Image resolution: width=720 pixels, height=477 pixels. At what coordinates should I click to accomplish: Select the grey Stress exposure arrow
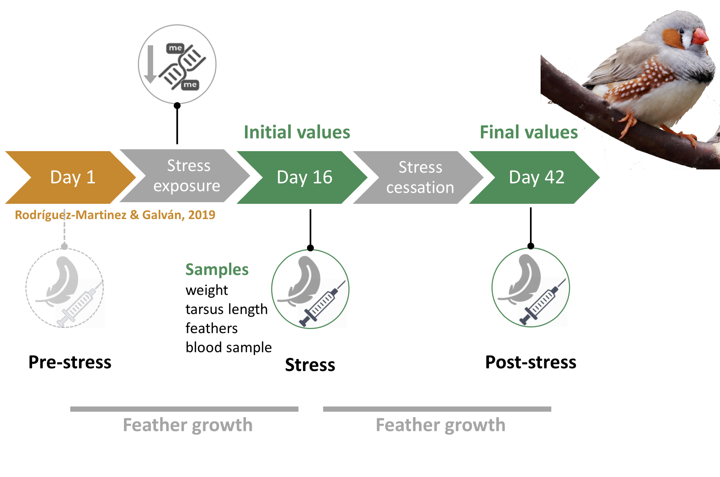(x=185, y=176)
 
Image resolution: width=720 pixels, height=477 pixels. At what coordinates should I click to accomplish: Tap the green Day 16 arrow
(x=302, y=177)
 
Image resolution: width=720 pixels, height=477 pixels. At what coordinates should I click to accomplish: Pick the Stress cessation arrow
(x=418, y=177)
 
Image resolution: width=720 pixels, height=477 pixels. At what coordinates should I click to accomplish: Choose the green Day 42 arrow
(x=534, y=177)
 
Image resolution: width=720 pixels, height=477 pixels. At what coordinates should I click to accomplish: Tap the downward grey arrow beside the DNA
(x=150, y=64)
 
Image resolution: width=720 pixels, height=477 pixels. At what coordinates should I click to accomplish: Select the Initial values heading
(x=297, y=132)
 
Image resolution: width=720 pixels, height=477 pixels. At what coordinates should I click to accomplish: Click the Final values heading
(x=529, y=132)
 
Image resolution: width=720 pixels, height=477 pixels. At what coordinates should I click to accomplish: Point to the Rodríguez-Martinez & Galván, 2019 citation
(x=115, y=215)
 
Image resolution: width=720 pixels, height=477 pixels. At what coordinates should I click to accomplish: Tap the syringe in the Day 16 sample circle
(x=322, y=303)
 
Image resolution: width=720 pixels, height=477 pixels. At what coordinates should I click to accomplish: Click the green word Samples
(x=217, y=270)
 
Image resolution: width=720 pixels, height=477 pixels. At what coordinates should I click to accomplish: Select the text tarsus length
(x=226, y=309)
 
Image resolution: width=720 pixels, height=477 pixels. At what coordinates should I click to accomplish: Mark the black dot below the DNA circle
(x=177, y=106)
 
